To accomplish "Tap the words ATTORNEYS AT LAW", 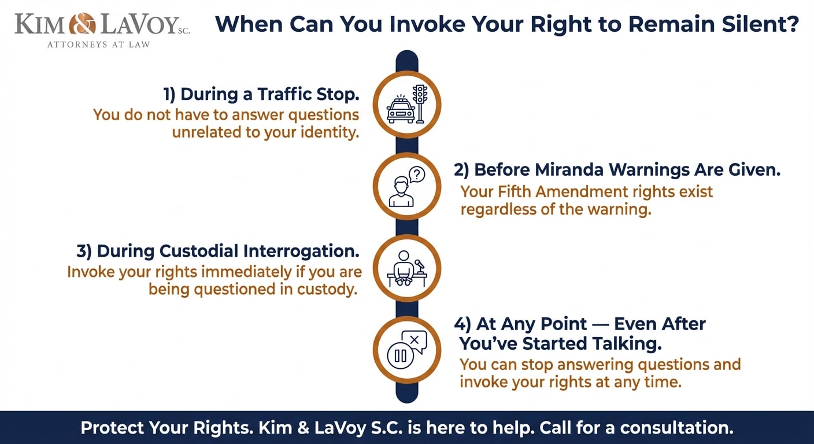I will tap(98, 45).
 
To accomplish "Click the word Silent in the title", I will tap(767, 24).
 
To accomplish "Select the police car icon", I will tap(400, 109).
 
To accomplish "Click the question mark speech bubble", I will tap(416, 173).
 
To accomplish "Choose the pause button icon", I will tap(400, 355).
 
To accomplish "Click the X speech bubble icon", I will tap(414, 341).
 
